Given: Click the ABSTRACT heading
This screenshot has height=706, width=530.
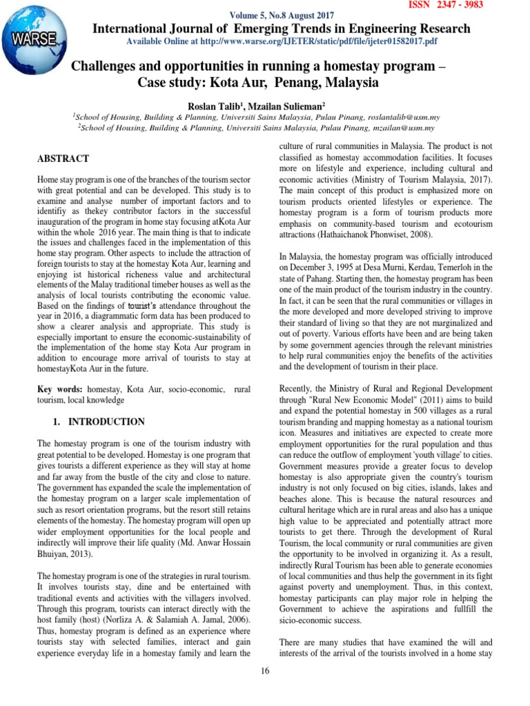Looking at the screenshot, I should [63, 159].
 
